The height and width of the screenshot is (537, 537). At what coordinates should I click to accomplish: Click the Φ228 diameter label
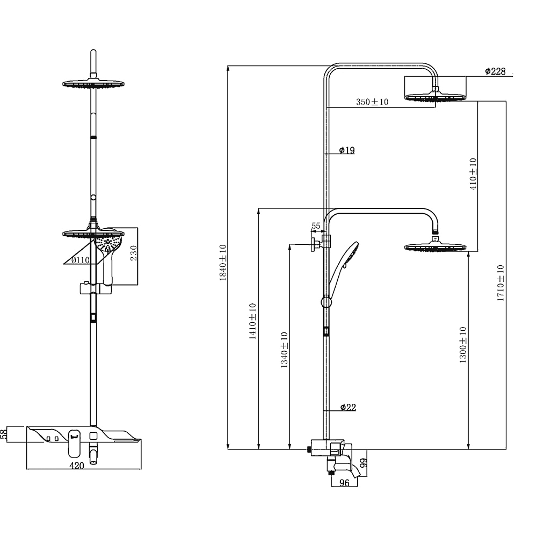[495, 71]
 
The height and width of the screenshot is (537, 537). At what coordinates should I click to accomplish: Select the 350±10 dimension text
[372, 101]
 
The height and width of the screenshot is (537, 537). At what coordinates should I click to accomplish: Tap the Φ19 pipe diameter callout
[347, 150]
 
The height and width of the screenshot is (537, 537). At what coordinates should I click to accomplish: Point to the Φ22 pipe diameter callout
[348, 407]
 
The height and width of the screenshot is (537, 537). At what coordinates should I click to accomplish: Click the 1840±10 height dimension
[223, 263]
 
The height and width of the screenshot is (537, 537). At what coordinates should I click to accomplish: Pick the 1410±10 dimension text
[252, 321]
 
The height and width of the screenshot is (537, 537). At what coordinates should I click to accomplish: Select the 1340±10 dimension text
[284, 350]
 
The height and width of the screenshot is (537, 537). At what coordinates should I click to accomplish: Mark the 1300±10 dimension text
[463, 345]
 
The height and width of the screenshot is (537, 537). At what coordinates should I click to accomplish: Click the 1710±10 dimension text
[500, 283]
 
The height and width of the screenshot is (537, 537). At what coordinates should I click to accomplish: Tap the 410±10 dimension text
[473, 174]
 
